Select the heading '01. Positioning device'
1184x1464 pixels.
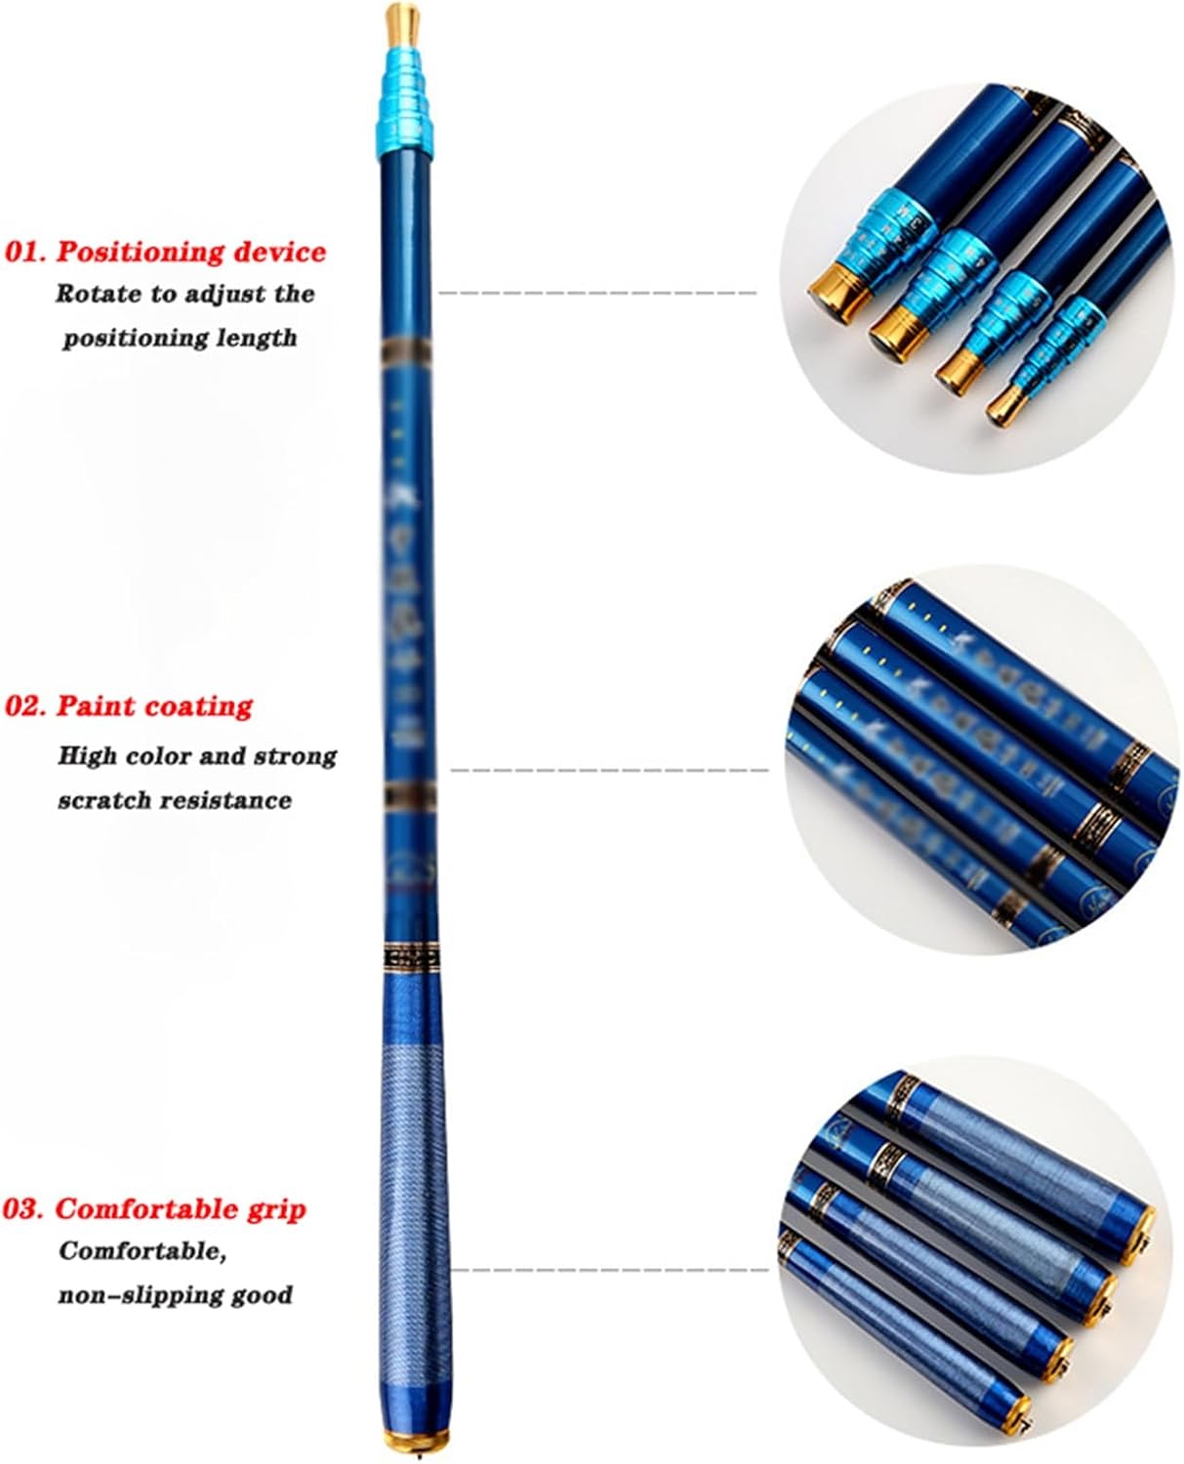pyautogui.click(x=166, y=252)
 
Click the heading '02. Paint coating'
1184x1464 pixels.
pyautogui.click(x=129, y=706)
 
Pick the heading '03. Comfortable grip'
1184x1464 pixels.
pyautogui.click(x=154, y=1208)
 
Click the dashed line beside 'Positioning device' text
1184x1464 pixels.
pyautogui.click(x=597, y=292)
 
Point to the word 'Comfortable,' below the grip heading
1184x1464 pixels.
pyautogui.click(x=143, y=1251)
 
